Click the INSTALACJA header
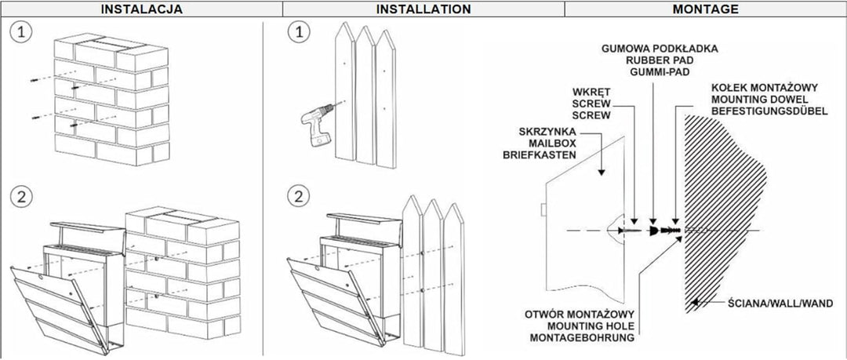[141, 9]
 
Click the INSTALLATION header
[423, 9]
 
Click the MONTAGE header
[706, 9]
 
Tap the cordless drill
[315, 125]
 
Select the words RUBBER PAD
[660, 60]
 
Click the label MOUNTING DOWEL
[759, 99]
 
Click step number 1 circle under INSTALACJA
[21, 33]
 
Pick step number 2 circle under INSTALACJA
[21, 196]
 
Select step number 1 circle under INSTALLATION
[298, 33]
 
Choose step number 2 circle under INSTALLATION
[298, 196]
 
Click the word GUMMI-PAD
[660, 71]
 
